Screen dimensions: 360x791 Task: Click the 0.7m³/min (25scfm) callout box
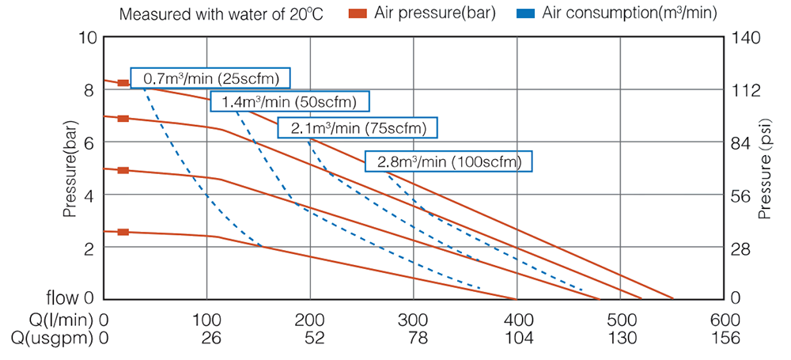pos(210,78)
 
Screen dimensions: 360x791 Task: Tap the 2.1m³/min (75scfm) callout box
pos(358,127)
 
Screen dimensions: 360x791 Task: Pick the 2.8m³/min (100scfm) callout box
pos(448,161)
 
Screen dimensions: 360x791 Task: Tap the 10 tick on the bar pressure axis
pos(88,37)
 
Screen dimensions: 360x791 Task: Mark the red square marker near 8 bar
pos(123,83)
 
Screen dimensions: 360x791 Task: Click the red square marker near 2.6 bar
pos(123,232)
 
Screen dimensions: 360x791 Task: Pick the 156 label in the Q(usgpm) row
pos(725,338)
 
